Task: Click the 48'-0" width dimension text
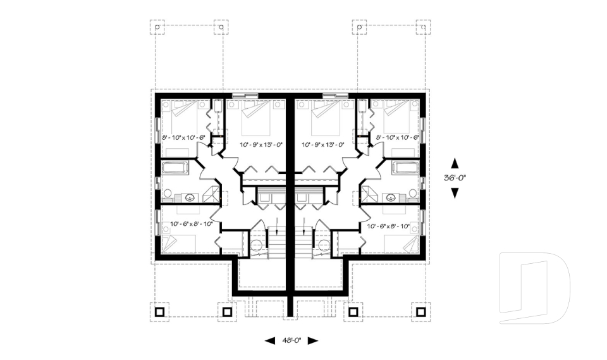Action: (x=291, y=340)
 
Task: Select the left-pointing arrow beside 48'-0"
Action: (x=270, y=340)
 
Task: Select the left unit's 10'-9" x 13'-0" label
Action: (x=260, y=144)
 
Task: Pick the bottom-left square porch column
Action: (x=158, y=311)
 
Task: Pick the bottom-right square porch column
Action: (x=419, y=311)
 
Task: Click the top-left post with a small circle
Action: (x=158, y=27)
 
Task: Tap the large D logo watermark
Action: (x=535, y=288)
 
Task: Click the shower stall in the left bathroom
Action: (x=212, y=194)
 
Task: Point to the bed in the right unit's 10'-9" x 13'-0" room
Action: (x=319, y=119)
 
